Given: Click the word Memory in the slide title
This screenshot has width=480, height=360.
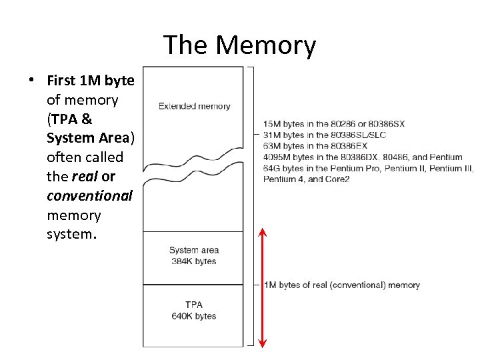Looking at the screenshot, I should click(265, 45).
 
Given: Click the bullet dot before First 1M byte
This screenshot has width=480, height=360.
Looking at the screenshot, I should click(31, 81).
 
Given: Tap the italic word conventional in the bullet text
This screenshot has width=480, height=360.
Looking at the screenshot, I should click(89, 196).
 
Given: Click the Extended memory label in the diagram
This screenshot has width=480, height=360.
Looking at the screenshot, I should click(194, 106).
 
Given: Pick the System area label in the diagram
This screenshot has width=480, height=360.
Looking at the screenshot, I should click(193, 250).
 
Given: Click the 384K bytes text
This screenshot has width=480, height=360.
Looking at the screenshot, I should click(193, 261).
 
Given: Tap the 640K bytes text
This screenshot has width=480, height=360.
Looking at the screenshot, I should click(193, 316).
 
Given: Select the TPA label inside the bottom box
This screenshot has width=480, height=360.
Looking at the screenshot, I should click(193, 305).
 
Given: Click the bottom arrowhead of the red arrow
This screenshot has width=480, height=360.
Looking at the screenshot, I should click(262, 343).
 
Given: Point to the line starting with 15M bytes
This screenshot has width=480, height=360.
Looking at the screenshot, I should click(333, 123).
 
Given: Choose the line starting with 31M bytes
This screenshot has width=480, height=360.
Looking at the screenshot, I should click(324, 135).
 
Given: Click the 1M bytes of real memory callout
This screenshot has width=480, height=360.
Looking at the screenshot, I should click(342, 285).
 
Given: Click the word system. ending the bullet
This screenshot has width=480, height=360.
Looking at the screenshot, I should click(73, 235).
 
